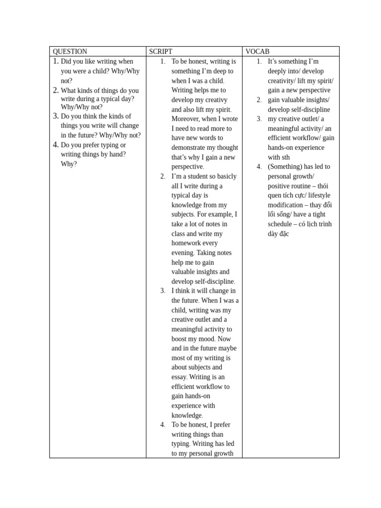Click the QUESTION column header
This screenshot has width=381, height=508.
70,52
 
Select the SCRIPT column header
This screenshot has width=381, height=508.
161,52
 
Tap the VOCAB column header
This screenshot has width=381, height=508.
257,52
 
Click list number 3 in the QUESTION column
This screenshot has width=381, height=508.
56,116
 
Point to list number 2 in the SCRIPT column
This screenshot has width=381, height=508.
163,177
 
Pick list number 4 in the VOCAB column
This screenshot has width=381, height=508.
259,167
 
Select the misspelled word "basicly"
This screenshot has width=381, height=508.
226,177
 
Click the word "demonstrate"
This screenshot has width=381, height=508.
191,148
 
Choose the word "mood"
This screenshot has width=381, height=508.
205,339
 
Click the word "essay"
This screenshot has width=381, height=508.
179,377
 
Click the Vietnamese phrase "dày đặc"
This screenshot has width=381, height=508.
278,234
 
